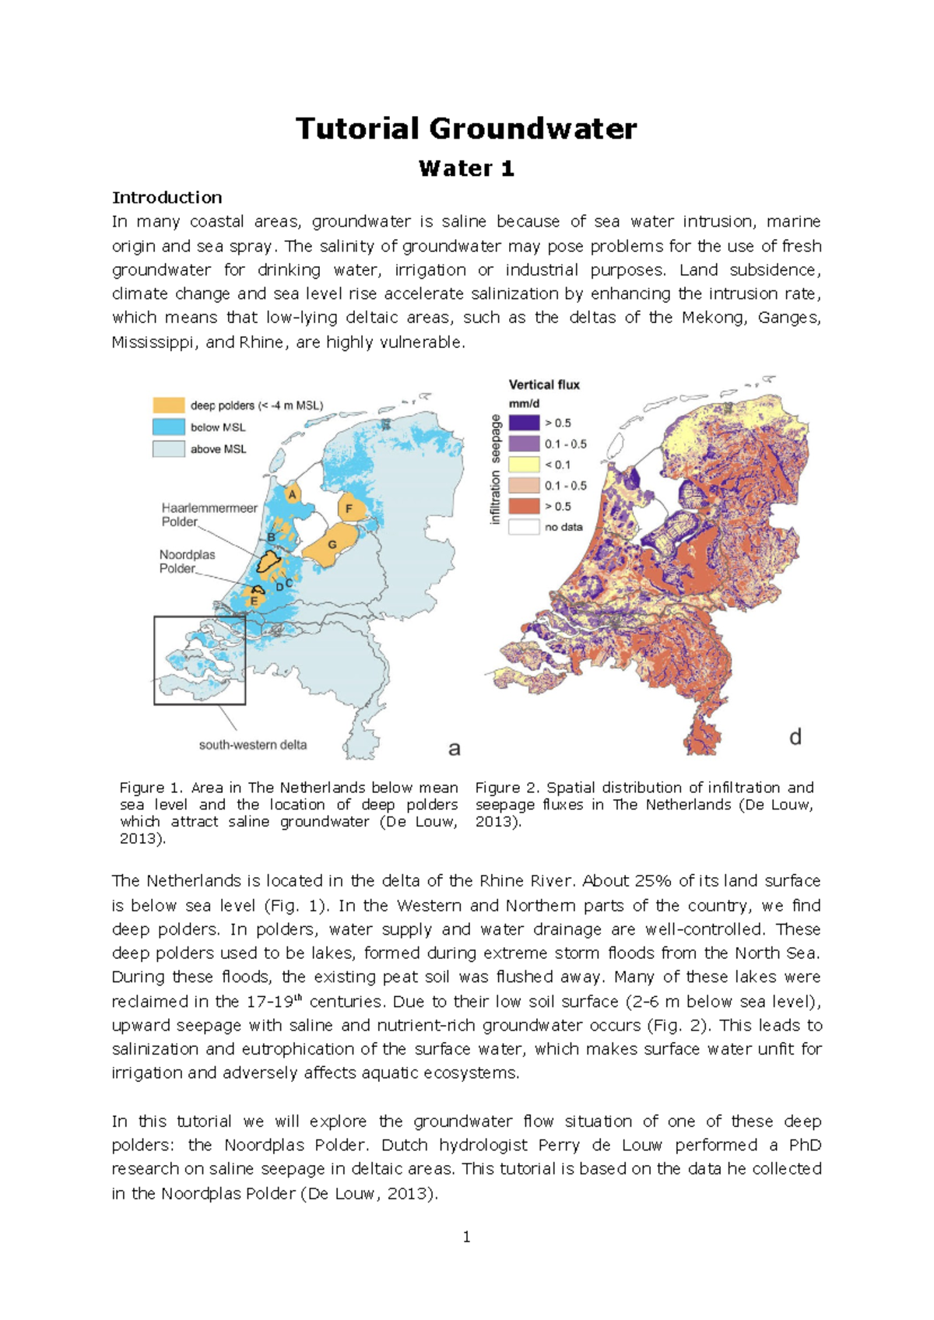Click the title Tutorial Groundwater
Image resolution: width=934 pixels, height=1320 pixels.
tap(466, 128)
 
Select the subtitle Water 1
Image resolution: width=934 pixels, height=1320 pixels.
tap(466, 169)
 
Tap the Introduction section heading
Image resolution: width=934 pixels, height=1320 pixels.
tap(167, 198)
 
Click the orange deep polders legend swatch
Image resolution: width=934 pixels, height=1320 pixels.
tap(168, 405)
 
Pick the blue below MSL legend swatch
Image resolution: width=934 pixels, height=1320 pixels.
tap(168, 427)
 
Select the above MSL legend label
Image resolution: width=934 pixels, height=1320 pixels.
tap(218, 449)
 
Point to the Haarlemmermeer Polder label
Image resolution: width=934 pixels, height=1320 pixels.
tap(209, 514)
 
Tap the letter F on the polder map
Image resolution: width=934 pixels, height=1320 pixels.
tap(349, 509)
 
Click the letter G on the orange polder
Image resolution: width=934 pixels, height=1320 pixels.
tap(332, 544)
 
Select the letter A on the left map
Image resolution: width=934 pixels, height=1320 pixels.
tap(293, 494)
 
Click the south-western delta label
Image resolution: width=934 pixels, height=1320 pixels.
tap(253, 745)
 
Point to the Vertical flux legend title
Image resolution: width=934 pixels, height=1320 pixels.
tap(544, 384)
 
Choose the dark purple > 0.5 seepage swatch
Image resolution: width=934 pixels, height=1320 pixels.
tap(524, 423)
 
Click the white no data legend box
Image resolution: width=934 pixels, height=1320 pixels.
tap(524, 527)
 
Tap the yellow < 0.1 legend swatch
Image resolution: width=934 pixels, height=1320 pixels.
tap(524, 465)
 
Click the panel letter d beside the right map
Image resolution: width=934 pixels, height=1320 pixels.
tap(795, 737)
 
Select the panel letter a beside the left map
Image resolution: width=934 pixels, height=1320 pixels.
tap(455, 749)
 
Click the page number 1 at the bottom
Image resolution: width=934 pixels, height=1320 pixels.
tap(466, 1237)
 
